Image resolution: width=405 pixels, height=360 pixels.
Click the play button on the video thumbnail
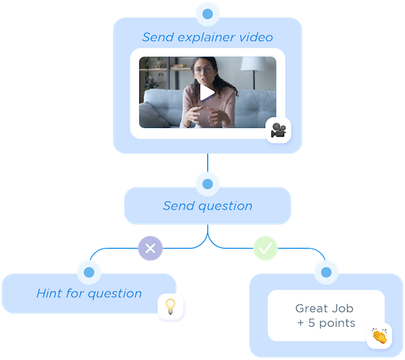[207, 92]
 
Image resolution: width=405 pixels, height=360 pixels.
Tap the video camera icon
[278, 130]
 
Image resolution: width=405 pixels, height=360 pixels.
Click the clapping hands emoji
[379, 335]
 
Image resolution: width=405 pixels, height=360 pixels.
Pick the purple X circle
[150, 248]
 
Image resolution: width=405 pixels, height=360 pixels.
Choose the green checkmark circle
[266, 248]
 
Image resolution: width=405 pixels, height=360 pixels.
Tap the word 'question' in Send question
[225, 207]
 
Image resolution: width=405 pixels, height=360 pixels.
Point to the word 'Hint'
[49, 294]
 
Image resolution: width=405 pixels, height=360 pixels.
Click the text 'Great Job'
[324, 309]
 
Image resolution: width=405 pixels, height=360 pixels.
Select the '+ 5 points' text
[326, 323]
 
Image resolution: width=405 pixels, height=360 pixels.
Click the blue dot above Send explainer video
[207, 13]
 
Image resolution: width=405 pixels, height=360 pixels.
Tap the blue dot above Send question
[207, 185]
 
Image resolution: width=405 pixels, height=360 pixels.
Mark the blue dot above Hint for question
[89, 272]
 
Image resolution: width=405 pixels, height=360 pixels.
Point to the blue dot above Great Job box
[327, 272]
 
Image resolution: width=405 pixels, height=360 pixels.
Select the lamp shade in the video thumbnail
[254, 64]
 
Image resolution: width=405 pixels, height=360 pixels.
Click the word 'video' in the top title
[255, 37]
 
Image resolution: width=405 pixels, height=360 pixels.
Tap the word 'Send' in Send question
[177, 207]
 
